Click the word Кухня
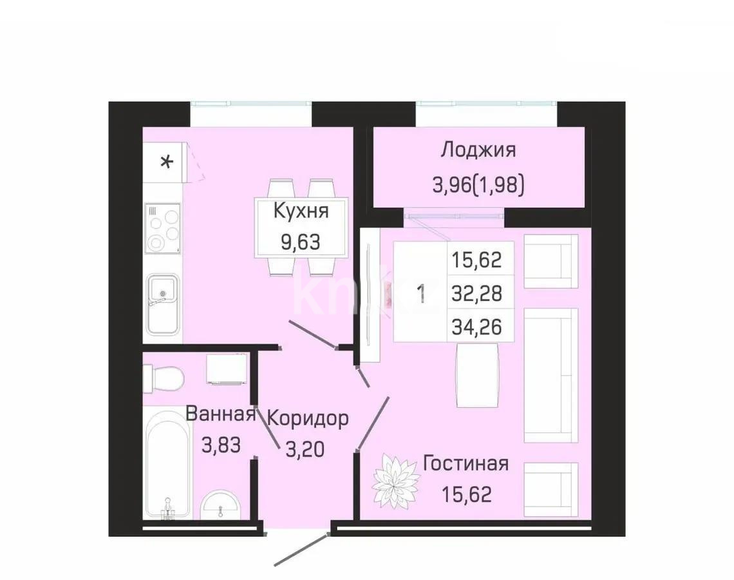click(301, 211)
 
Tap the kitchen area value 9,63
click(300, 243)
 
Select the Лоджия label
click(478, 150)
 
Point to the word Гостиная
click(466, 463)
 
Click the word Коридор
click(308, 418)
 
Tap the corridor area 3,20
click(306, 447)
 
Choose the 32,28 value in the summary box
click(476, 293)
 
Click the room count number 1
click(421, 293)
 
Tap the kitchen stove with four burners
click(162, 228)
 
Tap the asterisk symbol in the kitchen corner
click(166, 161)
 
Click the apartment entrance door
click(299, 552)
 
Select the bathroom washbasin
click(222, 504)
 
